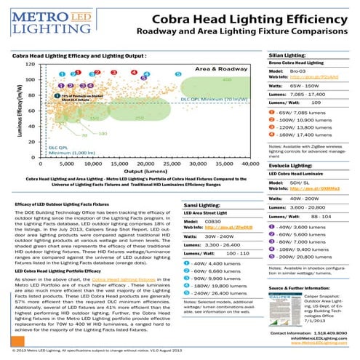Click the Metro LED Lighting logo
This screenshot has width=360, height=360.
pyautogui.click(x=44, y=20)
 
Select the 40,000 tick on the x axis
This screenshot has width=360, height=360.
pyautogui.click(x=260, y=165)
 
